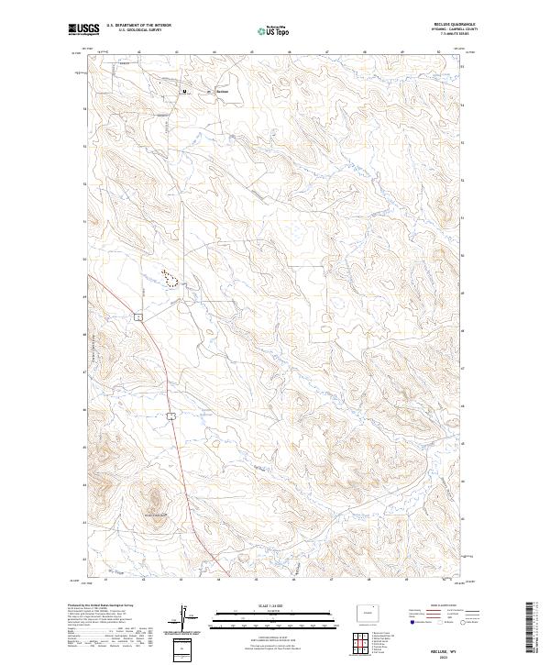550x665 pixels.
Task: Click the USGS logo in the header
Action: (x=82, y=30)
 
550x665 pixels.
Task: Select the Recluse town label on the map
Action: (x=221, y=92)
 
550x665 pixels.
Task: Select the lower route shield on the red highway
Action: (x=170, y=416)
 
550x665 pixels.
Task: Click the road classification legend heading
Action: (x=432, y=606)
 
